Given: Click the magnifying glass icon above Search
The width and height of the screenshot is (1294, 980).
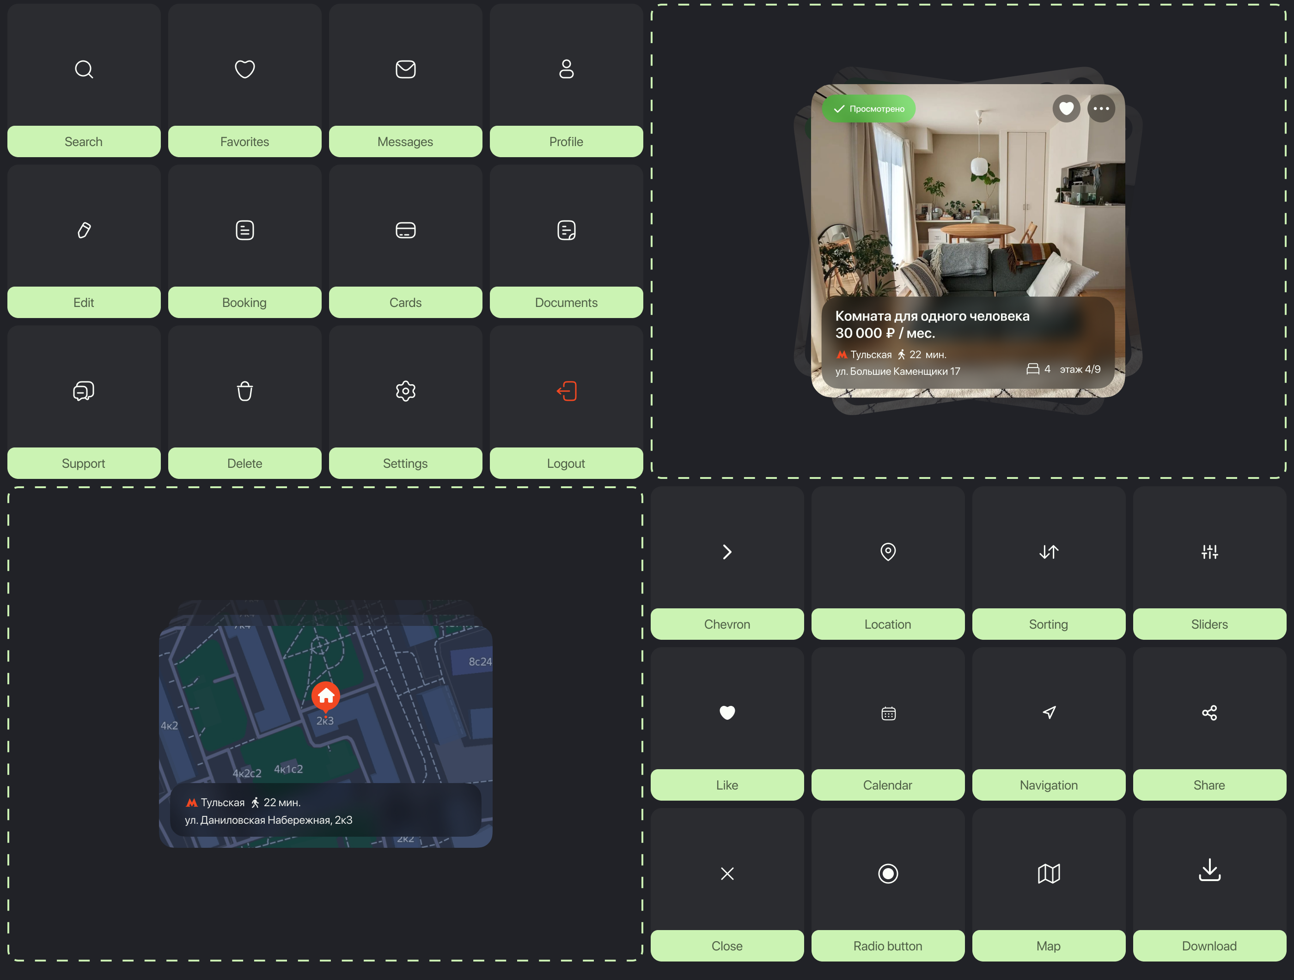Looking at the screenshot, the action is pos(84,69).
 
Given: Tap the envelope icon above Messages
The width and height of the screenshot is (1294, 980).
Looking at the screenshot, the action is pos(405,69).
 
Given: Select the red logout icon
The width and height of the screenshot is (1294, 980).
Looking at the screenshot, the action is pos(566,391).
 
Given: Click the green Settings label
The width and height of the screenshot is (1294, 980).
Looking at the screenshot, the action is pos(405,463).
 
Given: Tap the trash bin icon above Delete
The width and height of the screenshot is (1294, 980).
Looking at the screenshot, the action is pos(244,391).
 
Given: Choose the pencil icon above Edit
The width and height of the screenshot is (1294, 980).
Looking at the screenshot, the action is pos(84,230).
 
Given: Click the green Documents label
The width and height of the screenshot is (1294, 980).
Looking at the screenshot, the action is pos(566,302).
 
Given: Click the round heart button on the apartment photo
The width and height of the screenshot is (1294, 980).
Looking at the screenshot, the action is pos(1067,109).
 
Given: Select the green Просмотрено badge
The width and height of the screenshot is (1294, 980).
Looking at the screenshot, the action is pos(869,109).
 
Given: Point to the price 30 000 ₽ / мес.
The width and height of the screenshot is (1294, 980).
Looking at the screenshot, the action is pos(885,333).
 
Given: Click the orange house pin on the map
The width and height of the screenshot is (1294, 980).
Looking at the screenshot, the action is pos(326,696).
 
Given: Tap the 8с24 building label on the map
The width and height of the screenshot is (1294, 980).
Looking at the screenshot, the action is pos(480,661).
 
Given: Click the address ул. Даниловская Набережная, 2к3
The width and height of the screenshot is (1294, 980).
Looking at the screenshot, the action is pos(269,820).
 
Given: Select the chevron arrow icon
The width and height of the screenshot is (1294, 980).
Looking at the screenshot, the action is pos(727,552).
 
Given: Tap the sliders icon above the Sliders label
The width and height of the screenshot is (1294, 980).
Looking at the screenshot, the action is pos(1210,552).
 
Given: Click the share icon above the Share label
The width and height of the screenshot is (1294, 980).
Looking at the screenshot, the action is pos(1210,713).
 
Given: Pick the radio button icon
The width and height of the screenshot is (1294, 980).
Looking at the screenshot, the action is pos(888,874).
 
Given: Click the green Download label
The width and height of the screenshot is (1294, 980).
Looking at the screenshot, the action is pos(1210,946).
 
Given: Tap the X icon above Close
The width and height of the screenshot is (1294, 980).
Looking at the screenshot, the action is pos(727,874).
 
